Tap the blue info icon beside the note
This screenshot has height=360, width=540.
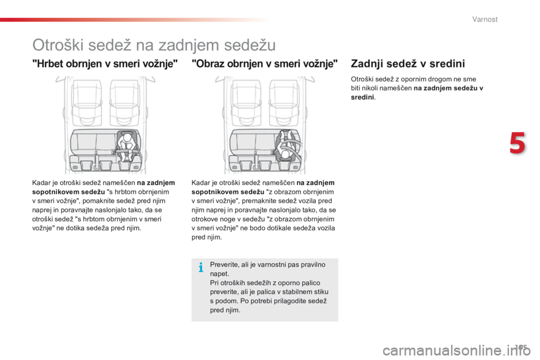pyautogui.click(x=200, y=268)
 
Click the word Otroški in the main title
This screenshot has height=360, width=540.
pyautogui.click(x=60, y=44)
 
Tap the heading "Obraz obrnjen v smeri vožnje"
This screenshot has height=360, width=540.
pyautogui.click(x=264, y=64)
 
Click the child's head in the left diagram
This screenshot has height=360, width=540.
pyautogui.click(x=128, y=137)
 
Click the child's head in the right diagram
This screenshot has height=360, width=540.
pyautogui.click(x=287, y=154)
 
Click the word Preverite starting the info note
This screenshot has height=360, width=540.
pyautogui.click(x=224, y=264)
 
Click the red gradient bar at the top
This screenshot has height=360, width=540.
pyautogui.click(x=135, y=20)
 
